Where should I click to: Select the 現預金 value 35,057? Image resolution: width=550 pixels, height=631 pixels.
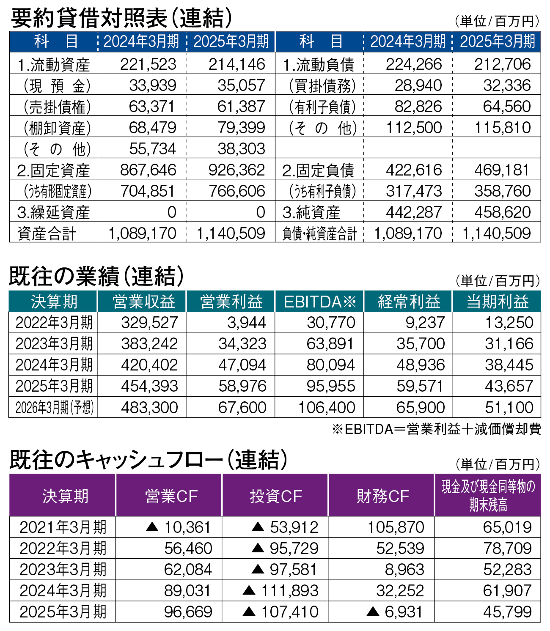pos(241,85)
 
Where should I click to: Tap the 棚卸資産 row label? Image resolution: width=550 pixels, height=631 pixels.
pos(57,128)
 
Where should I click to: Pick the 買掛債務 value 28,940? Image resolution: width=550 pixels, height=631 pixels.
pos(418,85)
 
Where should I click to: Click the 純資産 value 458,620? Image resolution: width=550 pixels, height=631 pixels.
pos(502,212)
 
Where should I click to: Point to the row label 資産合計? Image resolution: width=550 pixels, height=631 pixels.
pos(47,233)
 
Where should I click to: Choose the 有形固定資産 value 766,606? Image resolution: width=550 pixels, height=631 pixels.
pos(237,191)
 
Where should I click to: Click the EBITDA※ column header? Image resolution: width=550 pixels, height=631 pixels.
pos(320,302)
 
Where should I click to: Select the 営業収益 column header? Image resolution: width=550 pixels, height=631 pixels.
pos(144,302)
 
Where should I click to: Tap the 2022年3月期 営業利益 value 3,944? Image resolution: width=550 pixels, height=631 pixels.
pos(247,323)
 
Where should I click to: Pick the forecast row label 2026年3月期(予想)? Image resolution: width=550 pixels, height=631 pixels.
pos(54,407)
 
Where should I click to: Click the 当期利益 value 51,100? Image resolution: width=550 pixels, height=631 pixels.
pos(509,407)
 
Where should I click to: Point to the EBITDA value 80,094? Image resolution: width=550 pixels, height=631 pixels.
pos(330,365)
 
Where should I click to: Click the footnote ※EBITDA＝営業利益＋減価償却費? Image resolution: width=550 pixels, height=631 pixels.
pos(436,429)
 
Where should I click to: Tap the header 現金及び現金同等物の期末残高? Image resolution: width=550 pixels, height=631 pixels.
pos(488,496)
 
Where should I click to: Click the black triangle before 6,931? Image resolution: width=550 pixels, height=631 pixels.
pos(373,611)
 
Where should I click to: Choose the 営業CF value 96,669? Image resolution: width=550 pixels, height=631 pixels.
pos(188,612)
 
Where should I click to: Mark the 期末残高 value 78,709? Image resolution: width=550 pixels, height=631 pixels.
pos(507,548)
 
